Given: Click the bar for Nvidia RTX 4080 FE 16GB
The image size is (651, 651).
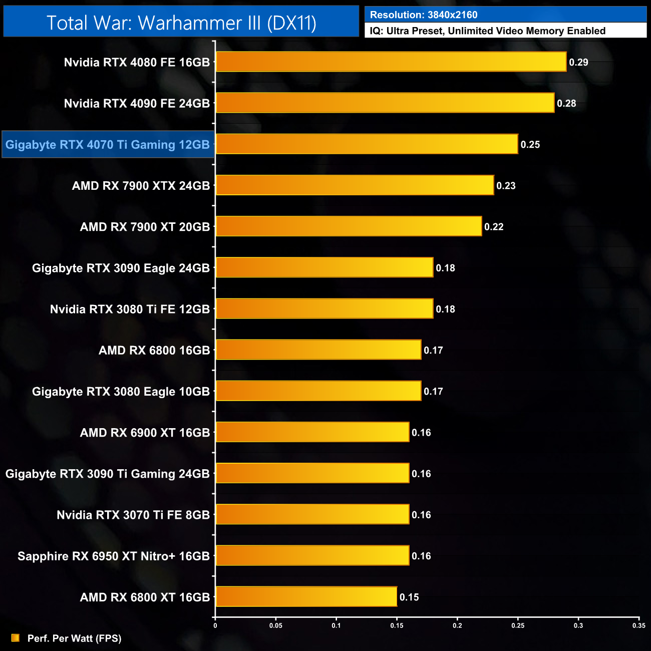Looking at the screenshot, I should (x=391, y=62).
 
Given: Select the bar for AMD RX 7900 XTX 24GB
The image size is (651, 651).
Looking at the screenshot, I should (x=355, y=185).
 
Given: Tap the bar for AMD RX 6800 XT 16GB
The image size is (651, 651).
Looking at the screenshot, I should (x=306, y=597).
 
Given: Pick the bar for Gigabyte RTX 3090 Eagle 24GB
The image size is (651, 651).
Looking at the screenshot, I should (x=324, y=267).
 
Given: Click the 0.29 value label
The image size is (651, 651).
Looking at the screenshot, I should (x=578, y=63).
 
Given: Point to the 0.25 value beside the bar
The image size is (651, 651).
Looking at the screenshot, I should (x=530, y=145).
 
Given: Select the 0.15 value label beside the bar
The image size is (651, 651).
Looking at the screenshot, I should (x=409, y=597).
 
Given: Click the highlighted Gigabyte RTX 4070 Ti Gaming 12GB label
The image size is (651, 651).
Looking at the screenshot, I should (x=108, y=145).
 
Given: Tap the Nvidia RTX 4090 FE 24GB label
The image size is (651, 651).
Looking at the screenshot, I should (x=137, y=104).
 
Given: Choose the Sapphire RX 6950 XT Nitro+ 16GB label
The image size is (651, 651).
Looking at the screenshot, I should (x=114, y=556).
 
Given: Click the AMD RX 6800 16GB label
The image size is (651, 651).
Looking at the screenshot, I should (x=154, y=351).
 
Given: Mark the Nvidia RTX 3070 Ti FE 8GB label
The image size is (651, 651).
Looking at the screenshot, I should (x=133, y=515).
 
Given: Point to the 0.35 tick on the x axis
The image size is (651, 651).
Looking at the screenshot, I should (x=638, y=625).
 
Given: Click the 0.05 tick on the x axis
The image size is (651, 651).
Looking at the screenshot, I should (x=276, y=625).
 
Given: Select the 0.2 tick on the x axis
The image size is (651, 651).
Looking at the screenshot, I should (x=457, y=625).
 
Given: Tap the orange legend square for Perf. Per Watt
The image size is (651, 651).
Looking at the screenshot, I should (x=16, y=638).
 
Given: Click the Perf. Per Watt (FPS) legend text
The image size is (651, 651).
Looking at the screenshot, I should (x=74, y=638).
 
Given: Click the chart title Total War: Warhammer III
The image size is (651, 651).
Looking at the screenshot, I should (x=181, y=23).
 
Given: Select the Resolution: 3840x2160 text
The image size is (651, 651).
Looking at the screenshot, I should (x=424, y=15).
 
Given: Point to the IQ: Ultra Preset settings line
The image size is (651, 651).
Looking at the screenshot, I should (x=487, y=31).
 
